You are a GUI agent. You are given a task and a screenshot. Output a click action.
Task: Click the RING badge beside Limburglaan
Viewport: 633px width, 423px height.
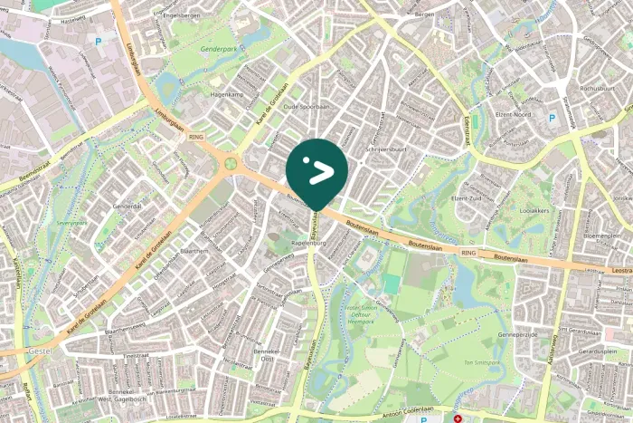point(196,137)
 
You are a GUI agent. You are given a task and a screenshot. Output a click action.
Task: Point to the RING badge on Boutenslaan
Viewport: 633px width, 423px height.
point(468,253)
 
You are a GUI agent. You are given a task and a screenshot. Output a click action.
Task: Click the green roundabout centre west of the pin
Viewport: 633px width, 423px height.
point(231,164)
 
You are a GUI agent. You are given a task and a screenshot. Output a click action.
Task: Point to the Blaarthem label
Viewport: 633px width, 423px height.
point(194,251)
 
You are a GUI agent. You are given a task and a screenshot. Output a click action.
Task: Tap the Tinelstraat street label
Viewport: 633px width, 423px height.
point(135,356)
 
